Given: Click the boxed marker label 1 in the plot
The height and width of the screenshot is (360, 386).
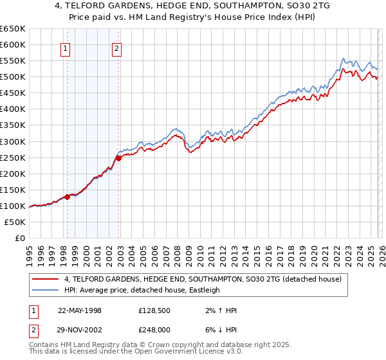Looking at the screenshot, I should (x=66, y=47).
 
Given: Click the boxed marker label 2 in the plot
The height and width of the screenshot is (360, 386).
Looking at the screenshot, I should (x=116, y=47).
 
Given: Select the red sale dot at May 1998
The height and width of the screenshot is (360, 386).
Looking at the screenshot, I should (x=67, y=197).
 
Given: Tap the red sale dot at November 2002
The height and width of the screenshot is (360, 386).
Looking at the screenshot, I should (x=119, y=157).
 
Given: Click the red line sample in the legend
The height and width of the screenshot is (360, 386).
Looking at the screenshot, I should (x=46, y=279).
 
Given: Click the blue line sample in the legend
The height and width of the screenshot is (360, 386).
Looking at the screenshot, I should (x=46, y=290).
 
